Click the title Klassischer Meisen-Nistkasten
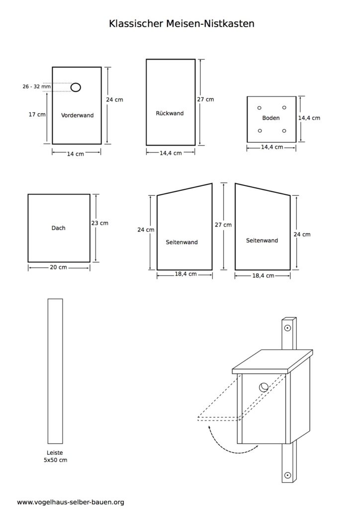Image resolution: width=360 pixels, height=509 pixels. coord(181,23)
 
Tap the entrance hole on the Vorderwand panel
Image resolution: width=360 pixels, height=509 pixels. coord(76,87)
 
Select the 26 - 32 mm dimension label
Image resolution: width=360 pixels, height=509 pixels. coord(37,86)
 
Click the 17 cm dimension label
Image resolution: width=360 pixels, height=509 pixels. coord(37,114)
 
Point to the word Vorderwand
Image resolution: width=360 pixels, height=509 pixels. coord(77,115)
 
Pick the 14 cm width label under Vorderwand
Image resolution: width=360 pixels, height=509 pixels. coord(75,154)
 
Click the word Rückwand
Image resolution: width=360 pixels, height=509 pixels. coord(170,113)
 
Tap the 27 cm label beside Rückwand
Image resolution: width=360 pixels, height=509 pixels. coord(205,99)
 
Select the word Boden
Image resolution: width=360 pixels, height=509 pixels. coord(270,118)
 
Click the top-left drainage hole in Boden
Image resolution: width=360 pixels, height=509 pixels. coord(260,108)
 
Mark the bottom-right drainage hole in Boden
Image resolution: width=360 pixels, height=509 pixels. coord(284,131)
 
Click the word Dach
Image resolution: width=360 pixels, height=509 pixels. coord(59,228)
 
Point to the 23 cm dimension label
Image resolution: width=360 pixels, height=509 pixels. coord(99,223)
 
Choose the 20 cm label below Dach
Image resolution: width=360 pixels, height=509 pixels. coord(59,267)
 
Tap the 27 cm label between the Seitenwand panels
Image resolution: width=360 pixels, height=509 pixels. coord(223,225)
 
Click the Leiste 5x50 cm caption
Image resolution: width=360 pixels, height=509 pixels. coord(55,456)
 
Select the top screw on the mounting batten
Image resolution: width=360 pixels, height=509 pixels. coord(287,328)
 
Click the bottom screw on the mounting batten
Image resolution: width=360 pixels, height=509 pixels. coord(287,476)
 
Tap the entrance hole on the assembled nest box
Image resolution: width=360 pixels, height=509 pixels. coord(264,387)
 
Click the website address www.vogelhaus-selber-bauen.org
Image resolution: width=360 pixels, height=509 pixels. coord(71,502)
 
